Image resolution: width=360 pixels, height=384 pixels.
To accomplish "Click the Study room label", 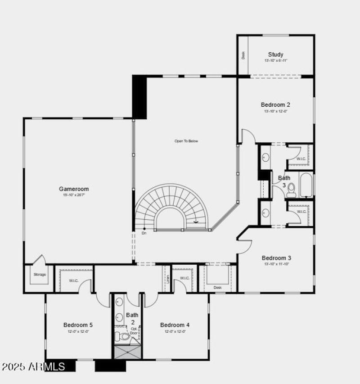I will [x=275, y=54].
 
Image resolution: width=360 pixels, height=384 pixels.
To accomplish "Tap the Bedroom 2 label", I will [x=275, y=105].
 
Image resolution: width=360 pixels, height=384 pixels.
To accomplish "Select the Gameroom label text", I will [x=74, y=189].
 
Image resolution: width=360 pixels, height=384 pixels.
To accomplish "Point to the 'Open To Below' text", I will [x=186, y=141].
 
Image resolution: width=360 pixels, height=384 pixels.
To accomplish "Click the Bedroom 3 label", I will [x=276, y=258].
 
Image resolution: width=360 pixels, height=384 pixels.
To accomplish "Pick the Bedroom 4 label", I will [x=175, y=325].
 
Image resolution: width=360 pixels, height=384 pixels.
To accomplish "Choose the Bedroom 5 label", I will [x=78, y=325].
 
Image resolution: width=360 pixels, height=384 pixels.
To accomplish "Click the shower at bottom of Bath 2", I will [x=127, y=352].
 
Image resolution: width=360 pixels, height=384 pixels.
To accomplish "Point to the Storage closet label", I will [x=40, y=275].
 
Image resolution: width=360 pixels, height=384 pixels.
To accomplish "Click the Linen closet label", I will [x=167, y=279].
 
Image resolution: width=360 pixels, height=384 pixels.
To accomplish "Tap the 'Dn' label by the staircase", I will [x=144, y=233].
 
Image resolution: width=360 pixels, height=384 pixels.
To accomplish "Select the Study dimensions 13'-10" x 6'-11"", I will [x=275, y=61].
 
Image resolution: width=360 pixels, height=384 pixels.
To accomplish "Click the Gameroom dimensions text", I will [x=74, y=195].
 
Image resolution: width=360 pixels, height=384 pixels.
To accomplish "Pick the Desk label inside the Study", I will [x=243, y=55].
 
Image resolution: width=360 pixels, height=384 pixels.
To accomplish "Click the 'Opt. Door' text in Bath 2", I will [x=134, y=331].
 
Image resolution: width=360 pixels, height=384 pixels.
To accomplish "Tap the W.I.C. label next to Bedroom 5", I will [x=73, y=281].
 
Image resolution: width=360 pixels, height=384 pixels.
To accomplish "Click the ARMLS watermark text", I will [x=33, y=367].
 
